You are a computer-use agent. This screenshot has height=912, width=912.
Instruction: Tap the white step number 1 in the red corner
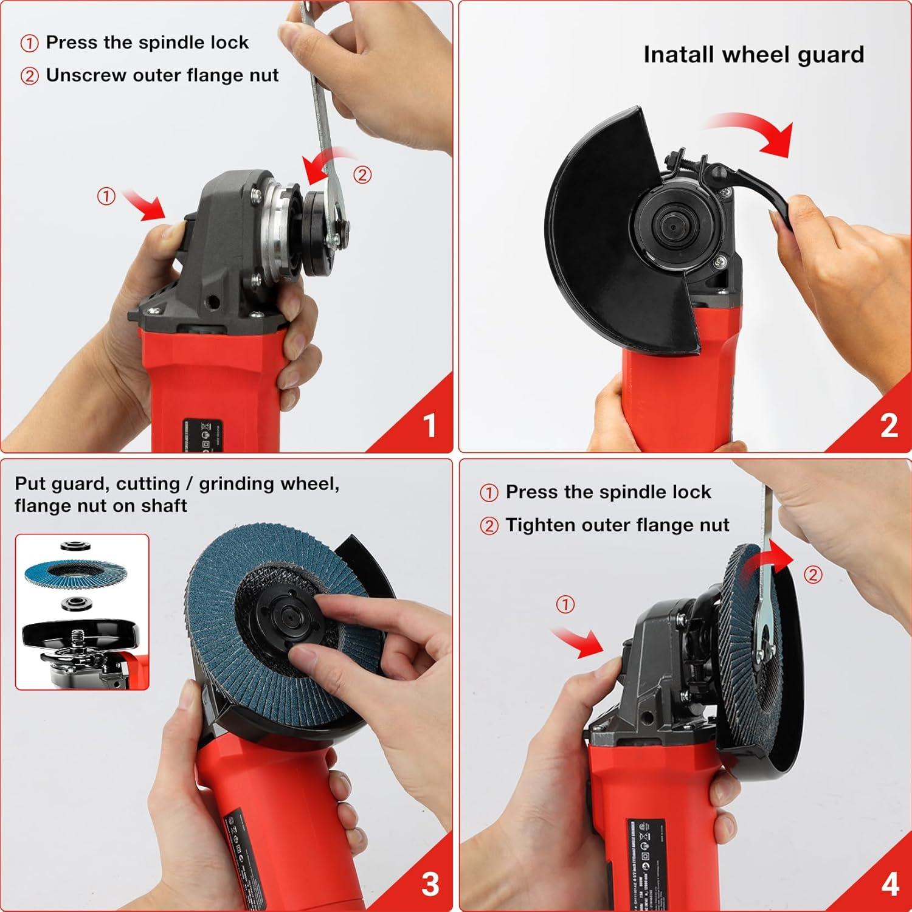[430, 426]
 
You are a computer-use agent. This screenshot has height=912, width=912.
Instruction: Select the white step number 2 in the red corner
[889, 426]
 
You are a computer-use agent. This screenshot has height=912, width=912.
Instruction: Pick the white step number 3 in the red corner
[430, 885]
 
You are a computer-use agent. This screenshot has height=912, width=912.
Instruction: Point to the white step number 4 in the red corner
[890, 885]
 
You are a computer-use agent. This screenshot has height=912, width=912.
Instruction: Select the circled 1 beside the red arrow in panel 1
[106, 196]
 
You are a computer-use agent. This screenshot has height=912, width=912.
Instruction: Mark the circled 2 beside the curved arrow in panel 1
[362, 175]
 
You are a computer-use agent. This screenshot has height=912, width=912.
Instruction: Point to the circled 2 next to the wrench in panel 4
[813, 575]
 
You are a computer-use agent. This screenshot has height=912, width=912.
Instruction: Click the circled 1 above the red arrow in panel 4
[565, 604]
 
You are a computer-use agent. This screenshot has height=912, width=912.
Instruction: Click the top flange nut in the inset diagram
[77, 546]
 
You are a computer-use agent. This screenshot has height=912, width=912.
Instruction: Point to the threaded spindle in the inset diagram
[79, 637]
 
